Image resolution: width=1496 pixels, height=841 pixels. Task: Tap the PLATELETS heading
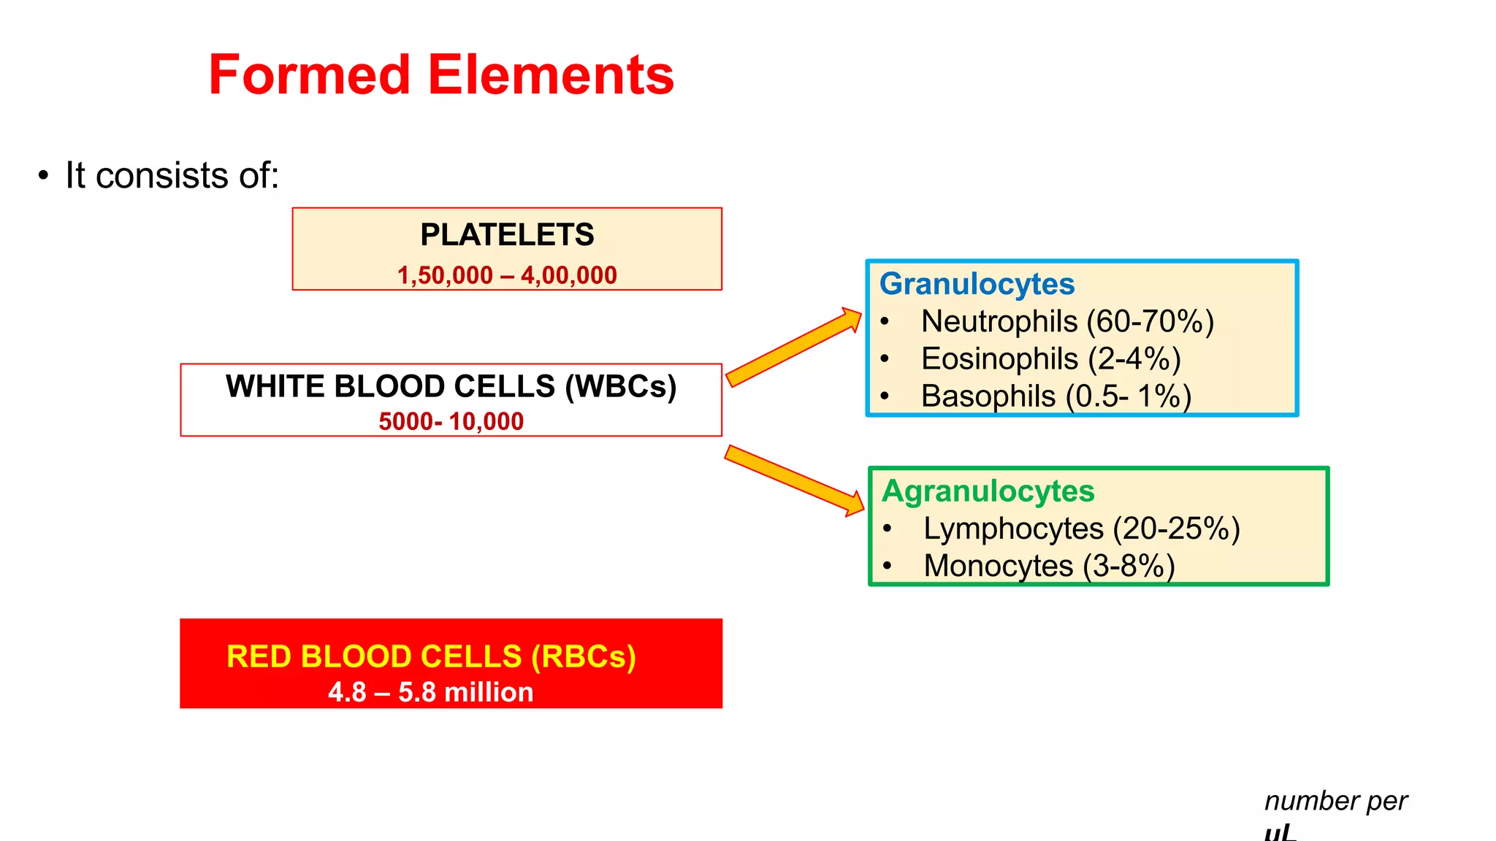[x=507, y=235]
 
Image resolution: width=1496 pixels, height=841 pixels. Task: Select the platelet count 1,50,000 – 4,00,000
[x=507, y=275]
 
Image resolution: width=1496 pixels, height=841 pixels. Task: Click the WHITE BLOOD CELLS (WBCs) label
[x=451, y=386]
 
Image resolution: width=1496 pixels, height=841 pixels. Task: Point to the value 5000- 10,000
[x=451, y=421]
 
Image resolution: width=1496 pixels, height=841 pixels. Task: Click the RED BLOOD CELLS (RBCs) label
[x=431, y=656]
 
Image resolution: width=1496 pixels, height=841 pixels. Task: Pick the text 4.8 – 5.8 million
[x=431, y=692]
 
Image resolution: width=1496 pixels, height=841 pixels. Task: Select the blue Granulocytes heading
[x=977, y=284]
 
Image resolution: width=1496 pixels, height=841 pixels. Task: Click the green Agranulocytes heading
[x=988, y=491]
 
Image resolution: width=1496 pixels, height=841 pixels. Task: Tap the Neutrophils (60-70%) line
[x=1067, y=321]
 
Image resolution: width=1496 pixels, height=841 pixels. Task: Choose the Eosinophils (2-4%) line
[x=1050, y=359]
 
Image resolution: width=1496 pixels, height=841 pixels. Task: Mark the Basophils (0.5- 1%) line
[x=1056, y=396]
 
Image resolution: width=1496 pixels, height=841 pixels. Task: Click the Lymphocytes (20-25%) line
[x=1081, y=529]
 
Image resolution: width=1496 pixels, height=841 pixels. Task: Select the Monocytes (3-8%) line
[x=1049, y=566]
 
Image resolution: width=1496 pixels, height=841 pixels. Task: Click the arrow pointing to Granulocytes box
[x=793, y=347]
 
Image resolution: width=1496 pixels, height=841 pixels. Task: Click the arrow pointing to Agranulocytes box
[x=793, y=480]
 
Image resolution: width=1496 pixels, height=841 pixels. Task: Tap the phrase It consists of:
[x=172, y=176]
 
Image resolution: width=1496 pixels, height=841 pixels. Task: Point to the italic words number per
[x=1335, y=801]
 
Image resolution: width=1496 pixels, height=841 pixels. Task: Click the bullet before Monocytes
[x=887, y=566]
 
